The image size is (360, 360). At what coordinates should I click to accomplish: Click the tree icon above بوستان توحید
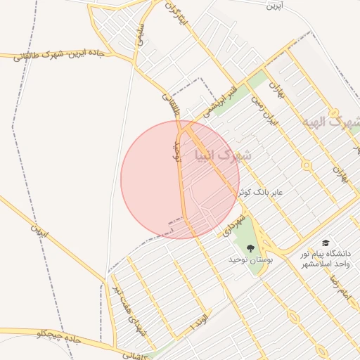250,247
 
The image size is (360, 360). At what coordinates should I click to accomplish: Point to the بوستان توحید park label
250,260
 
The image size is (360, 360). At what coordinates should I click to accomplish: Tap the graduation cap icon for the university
325,242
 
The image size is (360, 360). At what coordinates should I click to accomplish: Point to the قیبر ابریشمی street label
219,102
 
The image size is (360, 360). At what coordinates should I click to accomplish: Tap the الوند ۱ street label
199,323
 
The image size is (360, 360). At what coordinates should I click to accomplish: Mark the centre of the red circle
180,179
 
